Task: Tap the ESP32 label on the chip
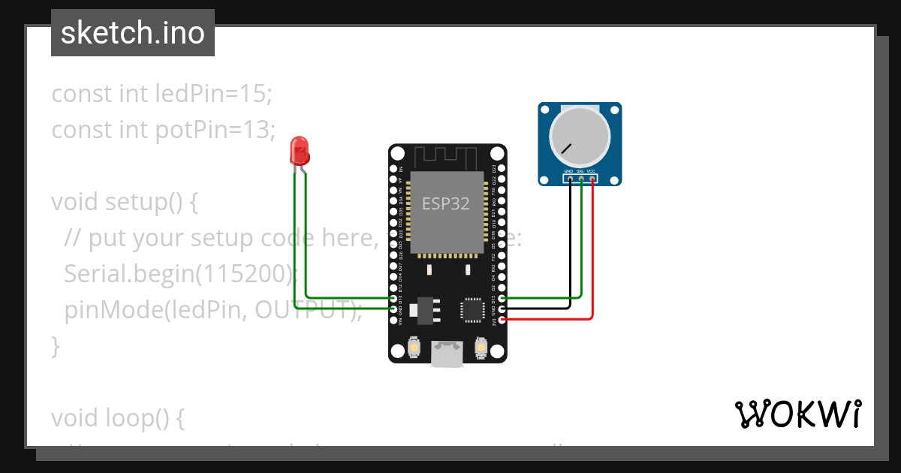[x=445, y=203]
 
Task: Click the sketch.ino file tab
[x=133, y=33]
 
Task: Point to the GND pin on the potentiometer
[x=570, y=178]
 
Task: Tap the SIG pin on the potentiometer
[x=580, y=178]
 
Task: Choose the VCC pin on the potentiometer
[x=592, y=178]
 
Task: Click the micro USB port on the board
[x=447, y=354]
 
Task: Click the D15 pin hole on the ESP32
[x=502, y=298]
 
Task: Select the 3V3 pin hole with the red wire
[x=502, y=319]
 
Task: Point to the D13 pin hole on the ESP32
[x=394, y=298]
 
